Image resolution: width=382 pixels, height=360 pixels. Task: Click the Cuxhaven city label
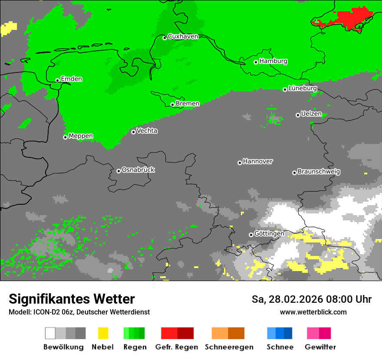pos(183,36)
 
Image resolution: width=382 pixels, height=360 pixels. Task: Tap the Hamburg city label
pos(273,61)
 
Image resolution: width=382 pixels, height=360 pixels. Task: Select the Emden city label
pos(71,79)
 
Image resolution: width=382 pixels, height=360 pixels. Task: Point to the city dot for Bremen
pos(172,105)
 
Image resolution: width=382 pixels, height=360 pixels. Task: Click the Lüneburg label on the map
pos(303,88)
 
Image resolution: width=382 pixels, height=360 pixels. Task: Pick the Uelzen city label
pos(311,114)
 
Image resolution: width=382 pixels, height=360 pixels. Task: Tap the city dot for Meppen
pos(65,137)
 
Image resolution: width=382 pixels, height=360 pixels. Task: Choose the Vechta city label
pos(147,131)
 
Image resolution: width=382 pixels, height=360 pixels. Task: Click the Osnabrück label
pos(138,170)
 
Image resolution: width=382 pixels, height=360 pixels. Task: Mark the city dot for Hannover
pos(240,163)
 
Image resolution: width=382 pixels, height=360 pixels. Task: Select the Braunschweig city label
pos(319,171)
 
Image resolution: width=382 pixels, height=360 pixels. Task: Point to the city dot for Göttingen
pos(251,235)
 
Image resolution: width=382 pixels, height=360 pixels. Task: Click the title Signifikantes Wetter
pos(72,299)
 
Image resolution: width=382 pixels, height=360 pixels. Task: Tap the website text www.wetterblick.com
pos(313,312)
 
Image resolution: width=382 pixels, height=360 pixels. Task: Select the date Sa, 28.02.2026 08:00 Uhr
pos(311,299)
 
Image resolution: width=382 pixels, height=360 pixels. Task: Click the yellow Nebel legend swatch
pos(103,333)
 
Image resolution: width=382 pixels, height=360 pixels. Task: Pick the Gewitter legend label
pos(320,347)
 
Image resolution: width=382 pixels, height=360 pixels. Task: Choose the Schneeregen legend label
pos(229,347)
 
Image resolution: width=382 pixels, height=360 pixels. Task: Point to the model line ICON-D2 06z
pos(79,312)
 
